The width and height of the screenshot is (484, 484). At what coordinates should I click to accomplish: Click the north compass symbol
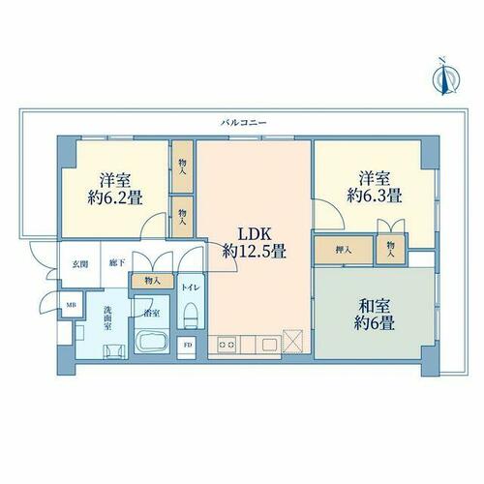point(445,76)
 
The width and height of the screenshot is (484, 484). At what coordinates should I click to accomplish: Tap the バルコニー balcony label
point(244,123)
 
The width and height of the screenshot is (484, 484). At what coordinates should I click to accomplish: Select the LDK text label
point(255,233)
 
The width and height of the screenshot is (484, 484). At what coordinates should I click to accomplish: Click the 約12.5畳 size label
point(255,251)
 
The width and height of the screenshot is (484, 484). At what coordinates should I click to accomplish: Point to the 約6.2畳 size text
point(115,197)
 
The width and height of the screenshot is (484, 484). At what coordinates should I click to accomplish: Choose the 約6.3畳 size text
point(375,196)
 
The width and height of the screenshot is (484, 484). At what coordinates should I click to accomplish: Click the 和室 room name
point(375,306)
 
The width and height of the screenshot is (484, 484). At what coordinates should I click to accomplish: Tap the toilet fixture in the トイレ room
point(191,316)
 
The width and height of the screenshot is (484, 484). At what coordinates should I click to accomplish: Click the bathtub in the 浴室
point(152,341)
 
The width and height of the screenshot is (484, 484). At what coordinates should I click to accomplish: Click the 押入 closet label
point(344,250)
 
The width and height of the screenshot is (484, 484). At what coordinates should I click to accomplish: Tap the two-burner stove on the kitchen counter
point(227,345)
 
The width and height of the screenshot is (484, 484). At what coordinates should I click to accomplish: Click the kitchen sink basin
point(270,345)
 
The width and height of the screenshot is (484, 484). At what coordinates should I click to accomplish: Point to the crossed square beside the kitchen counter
point(293,341)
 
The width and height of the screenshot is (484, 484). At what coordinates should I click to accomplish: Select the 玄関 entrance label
point(79,264)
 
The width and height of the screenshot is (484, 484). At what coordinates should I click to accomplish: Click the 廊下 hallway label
point(117,263)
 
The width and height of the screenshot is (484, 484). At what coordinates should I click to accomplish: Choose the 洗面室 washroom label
point(107,318)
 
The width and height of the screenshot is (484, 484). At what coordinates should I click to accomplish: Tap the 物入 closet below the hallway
point(152,281)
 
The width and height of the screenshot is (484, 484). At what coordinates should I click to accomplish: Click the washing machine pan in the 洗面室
point(114,351)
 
